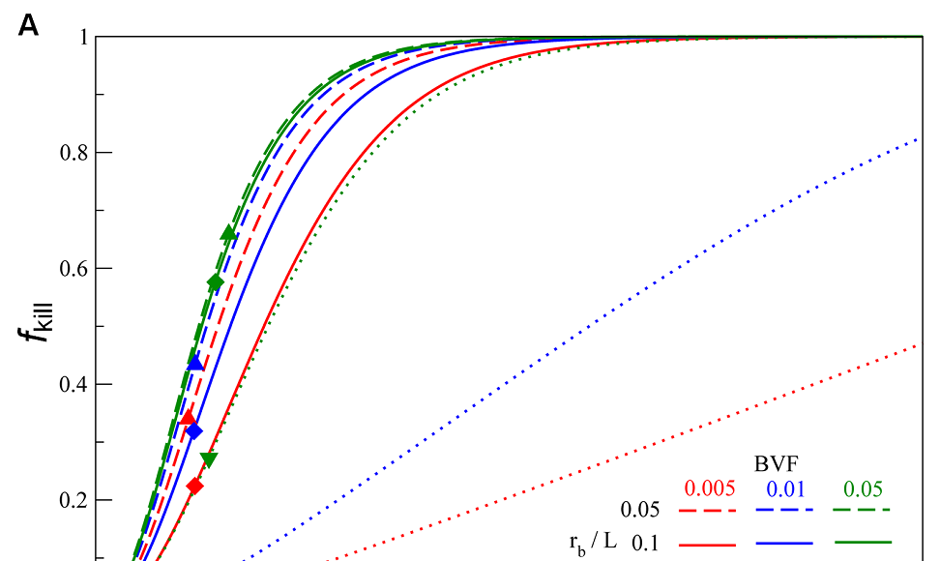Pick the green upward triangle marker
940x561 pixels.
(x=228, y=232)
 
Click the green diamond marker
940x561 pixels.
(x=216, y=281)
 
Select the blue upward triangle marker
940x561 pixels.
(x=196, y=363)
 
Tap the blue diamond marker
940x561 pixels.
(x=194, y=431)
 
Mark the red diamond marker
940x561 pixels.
(x=194, y=486)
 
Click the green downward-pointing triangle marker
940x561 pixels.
(x=208, y=459)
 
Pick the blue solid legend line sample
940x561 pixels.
(x=784, y=544)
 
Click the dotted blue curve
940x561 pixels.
(x=580, y=348)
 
